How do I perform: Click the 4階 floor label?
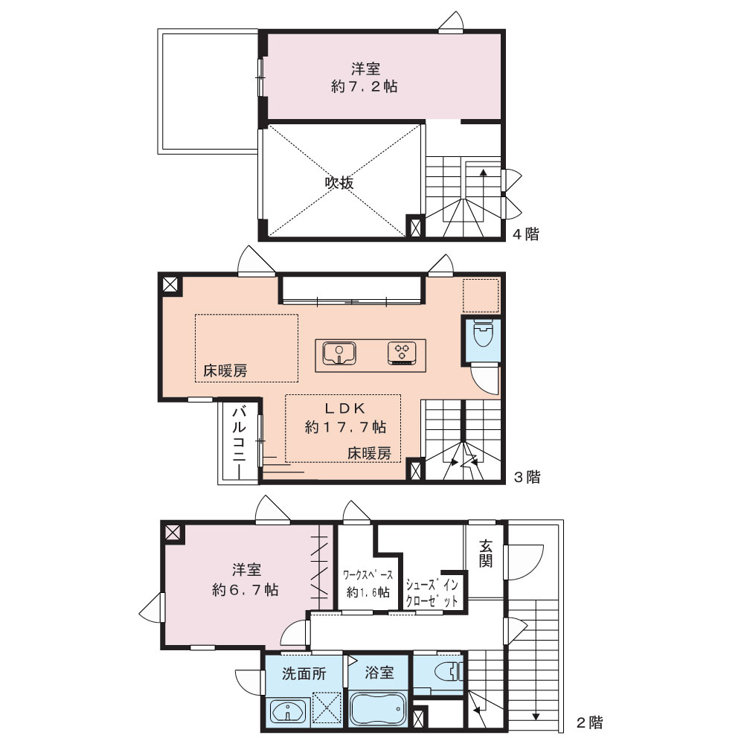point(526,234)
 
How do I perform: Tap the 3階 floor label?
point(527,477)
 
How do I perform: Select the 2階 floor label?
point(590,722)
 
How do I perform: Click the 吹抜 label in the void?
point(339,183)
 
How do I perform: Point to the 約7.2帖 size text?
point(365,87)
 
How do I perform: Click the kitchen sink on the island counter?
point(339,353)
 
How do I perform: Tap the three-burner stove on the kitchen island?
point(402,353)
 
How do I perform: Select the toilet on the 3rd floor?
point(484,333)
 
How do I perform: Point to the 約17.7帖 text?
point(345,428)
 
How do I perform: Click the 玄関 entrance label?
point(485,554)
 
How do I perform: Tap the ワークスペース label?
point(368,575)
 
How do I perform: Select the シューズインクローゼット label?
point(432,593)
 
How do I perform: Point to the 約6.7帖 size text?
point(246,590)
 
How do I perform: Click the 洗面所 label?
point(304,673)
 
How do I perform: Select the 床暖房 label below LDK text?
point(369,454)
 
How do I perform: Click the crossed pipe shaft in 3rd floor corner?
point(170,285)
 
